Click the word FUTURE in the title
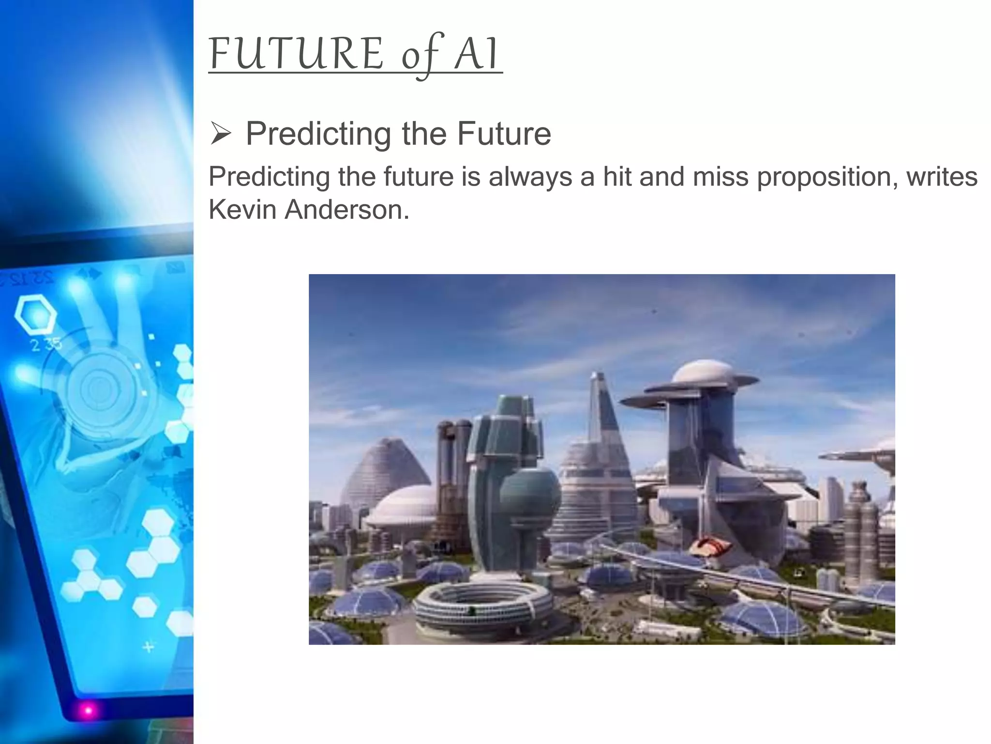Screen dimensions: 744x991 tap(296, 54)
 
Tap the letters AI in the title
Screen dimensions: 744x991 tap(476, 54)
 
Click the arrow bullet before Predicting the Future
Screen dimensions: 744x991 tap(221, 134)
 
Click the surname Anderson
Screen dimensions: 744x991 tap(346, 210)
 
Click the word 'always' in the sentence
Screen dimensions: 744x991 tap(530, 177)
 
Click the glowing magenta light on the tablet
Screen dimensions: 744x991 tap(88, 711)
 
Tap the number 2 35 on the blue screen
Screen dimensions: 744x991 tap(46, 345)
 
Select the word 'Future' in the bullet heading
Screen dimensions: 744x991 tap(504, 134)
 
